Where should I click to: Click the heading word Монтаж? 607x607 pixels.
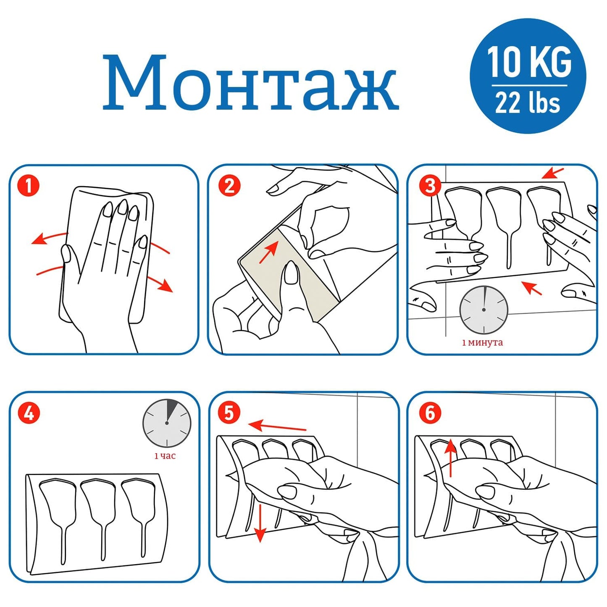pyautogui.click(x=250, y=82)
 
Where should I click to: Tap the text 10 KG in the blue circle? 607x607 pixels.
pyautogui.click(x=530, y=62)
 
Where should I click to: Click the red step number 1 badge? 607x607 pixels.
pyautogui.click(x=29, y=186)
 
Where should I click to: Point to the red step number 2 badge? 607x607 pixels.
pyautogui.click(x=229, y=186)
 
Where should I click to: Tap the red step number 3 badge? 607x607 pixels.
pyautogui.click(x=430, y=186)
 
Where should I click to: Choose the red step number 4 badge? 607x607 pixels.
pyautogui.click(x=29, y=413)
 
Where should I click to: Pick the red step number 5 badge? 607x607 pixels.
pyautogui.click(x=229, y=413)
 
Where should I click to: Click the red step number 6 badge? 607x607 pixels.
pyautogui.click(x=430, y=413)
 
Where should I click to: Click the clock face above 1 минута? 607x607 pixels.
pyautogui.click(x=483, y=310)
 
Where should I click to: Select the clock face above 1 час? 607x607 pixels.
pyautogui.click(x=167, y=423)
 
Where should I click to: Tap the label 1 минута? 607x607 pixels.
pyautogui.click(x=483, y=342)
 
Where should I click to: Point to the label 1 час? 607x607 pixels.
pyautogui.click(x=165, y=456)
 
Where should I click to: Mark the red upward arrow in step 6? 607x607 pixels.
pyautogui.click(x=451, y=458)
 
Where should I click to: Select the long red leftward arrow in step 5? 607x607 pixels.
pyautogui.click(x=277, y=426)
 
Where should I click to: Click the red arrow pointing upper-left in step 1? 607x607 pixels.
pyautogui.click(x=50, y=238)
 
